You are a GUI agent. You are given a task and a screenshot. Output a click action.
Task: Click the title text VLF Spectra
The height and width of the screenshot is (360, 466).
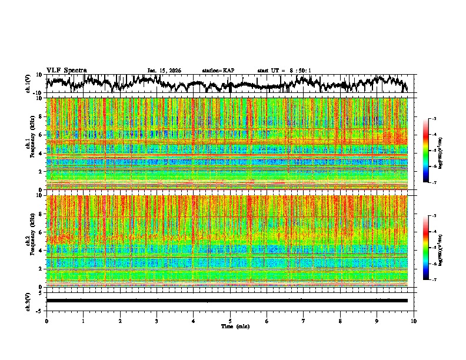[x=66, y=70]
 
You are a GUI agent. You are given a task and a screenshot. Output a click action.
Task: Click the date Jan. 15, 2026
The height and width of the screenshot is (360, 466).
[x=164, y=71]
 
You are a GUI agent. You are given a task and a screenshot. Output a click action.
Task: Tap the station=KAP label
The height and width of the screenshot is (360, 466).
[x=218, y=71]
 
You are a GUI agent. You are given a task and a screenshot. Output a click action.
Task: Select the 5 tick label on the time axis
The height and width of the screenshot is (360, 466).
[x=230, y=321]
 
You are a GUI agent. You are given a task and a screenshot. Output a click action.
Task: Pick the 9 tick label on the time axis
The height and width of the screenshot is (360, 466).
[x=377, y=321]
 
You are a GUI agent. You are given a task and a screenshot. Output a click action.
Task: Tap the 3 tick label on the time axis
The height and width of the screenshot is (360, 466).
[x=157, y=321]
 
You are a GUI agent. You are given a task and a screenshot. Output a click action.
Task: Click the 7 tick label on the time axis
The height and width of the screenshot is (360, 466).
[x=304, y=321]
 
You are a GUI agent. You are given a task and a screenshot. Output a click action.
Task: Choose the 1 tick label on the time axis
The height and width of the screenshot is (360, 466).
[x=83, y=321]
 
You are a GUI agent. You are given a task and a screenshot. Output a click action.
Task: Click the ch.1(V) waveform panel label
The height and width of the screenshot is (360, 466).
[x=28, y=84]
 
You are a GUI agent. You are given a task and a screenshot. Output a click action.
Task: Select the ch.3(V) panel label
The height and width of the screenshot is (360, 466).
[x=28, y=300]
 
